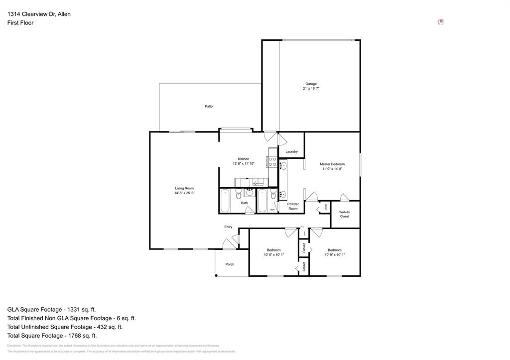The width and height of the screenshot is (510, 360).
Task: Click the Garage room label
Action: (x=311, y=84)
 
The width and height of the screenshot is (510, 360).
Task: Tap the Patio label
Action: (x=209, y=106)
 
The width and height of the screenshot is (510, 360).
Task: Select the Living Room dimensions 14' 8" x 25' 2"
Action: (x=184, y=193)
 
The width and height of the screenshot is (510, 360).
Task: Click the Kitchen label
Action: (x=244, y=159)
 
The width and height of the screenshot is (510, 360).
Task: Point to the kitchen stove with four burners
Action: (x=272, y=161)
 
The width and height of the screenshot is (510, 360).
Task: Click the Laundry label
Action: (x=292, y=151)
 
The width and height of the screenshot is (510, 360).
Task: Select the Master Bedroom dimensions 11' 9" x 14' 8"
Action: (x=332, y=169)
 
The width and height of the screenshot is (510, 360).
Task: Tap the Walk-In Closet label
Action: (x=344, y=214)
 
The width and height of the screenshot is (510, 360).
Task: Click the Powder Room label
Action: (x=293, y=206)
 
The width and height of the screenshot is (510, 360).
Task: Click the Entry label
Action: (x=228, y=227)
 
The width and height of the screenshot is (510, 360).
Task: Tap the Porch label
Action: (x=230, y=264)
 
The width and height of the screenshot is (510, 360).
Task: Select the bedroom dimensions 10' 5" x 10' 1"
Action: (x=273, y=254)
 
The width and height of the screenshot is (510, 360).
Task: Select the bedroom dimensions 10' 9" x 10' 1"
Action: (x=335, y=254)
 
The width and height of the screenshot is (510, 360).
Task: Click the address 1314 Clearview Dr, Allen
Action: (x=39, y=14)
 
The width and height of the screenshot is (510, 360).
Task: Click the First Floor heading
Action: (x=20, y=23)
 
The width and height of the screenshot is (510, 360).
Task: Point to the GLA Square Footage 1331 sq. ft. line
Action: (x=52, y=309)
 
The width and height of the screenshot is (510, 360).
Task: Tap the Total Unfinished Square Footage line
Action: (x=65, y=327)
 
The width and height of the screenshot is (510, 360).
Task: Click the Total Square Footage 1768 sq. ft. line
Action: (x=52, y=336)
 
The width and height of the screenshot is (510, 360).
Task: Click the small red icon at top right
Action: (x=441, y=22)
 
